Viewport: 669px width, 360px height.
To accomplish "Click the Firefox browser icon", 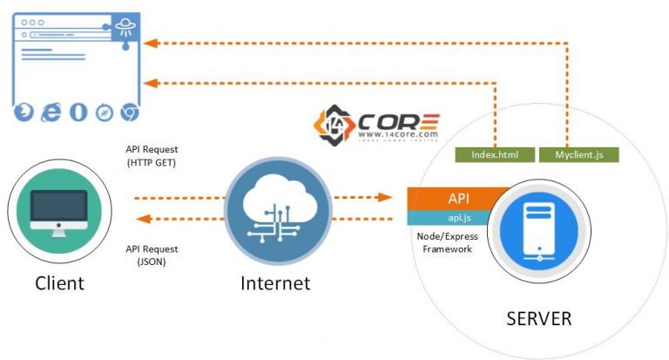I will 24,112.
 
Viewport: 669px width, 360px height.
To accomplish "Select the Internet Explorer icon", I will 51,112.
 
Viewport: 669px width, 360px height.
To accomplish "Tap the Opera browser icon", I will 78,112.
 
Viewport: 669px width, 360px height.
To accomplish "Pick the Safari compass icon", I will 105,112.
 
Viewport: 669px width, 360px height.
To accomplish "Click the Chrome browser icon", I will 130,112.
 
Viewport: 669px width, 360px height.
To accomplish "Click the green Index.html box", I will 494,154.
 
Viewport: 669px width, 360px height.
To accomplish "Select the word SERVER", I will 538,318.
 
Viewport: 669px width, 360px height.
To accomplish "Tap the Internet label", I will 275,283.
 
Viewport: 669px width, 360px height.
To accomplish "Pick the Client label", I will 59,283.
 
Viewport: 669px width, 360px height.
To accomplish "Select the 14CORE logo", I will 377,125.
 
